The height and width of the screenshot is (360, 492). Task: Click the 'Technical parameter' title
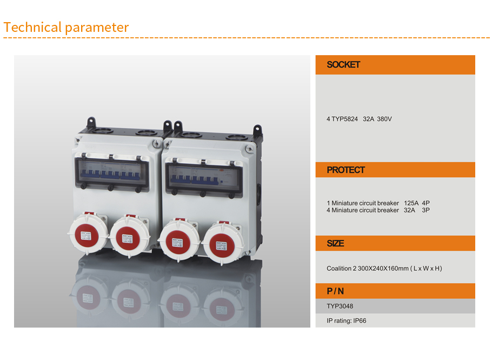pyautogui.click(x=66, y=27)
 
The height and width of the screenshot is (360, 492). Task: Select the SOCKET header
pyautogui.click(x=343, y=65)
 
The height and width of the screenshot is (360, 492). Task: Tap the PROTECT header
pyautogui.click(x=345, y=170)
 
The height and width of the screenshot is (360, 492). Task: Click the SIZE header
pyautogui.click(x=335, y=243)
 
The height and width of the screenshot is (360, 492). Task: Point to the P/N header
pyautogui.click(x=335, y=291)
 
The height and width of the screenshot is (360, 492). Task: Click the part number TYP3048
pyautogui.click(x=340, y=306)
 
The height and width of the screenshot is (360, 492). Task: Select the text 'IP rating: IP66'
pyautogui.click(x=347, y=321)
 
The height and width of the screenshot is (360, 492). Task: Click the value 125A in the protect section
pyautogui.click(x=411, y=203)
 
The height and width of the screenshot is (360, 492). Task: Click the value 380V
pyautogui.click(x=384, y=118)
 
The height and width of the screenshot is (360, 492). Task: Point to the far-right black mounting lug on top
pyautogui.click(x=257, y=130)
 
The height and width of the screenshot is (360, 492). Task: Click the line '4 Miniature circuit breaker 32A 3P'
pyautogui.click(x=378, y=210)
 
